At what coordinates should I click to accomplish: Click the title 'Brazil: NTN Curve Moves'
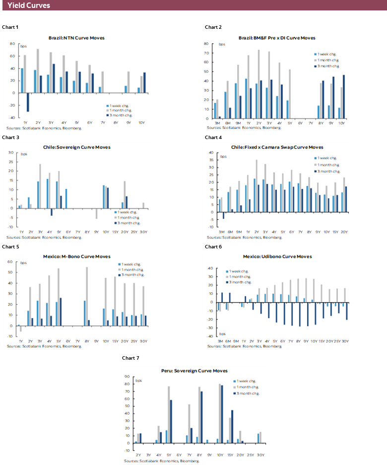click(x=76, y=38)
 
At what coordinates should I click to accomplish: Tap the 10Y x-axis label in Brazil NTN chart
click(x=142, y=123)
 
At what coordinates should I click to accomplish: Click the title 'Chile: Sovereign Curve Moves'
click(x=76, y=147)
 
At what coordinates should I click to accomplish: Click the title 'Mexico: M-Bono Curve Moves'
click(x=76, y=256)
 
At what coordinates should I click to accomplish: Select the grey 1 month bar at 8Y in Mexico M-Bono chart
click(x=87, y=296)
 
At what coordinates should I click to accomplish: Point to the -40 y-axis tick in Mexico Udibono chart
click(x=210, y=336)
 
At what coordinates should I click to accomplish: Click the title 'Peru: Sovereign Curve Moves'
click(x=194, y=371)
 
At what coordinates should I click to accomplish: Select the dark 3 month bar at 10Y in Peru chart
click(x=221, y=413)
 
